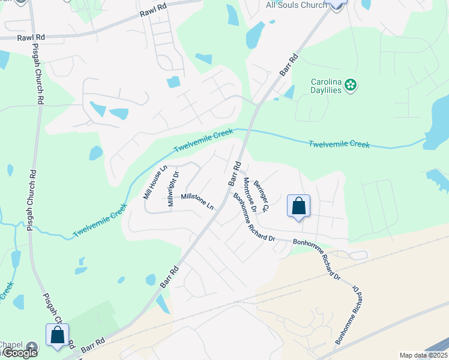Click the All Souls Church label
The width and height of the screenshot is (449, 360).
tap(296, 5)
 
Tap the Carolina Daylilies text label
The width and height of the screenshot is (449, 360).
tap(327, 86)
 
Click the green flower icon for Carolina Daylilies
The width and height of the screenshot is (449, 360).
tap(351, 86)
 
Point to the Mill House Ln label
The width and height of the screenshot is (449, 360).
tap(154, 183)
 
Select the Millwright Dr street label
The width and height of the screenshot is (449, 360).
tap(173, 190)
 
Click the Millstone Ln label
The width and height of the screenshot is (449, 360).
tap(197, 200)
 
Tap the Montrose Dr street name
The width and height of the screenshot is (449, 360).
tap(250, 195)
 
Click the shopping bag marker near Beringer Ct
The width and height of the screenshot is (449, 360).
tap(298, 206)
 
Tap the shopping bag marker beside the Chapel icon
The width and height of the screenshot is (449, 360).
tap(57, 335)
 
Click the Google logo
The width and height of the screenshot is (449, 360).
tap(19, 353)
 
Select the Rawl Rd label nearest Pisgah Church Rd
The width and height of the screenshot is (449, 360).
tap(31, 37)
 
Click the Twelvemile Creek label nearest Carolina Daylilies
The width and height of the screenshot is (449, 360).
tap(339, 144)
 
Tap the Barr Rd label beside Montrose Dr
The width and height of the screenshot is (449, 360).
tap(233, 173)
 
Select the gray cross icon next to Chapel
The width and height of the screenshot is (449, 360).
tap(32, 346)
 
